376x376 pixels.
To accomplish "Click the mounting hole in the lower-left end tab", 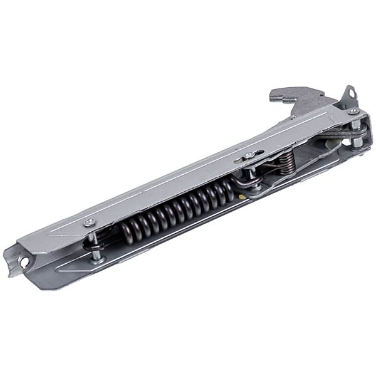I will pyautogui.click(x=24, y=263).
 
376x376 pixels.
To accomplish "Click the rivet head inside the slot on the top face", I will pyautogui.click(x=250, y=155).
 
